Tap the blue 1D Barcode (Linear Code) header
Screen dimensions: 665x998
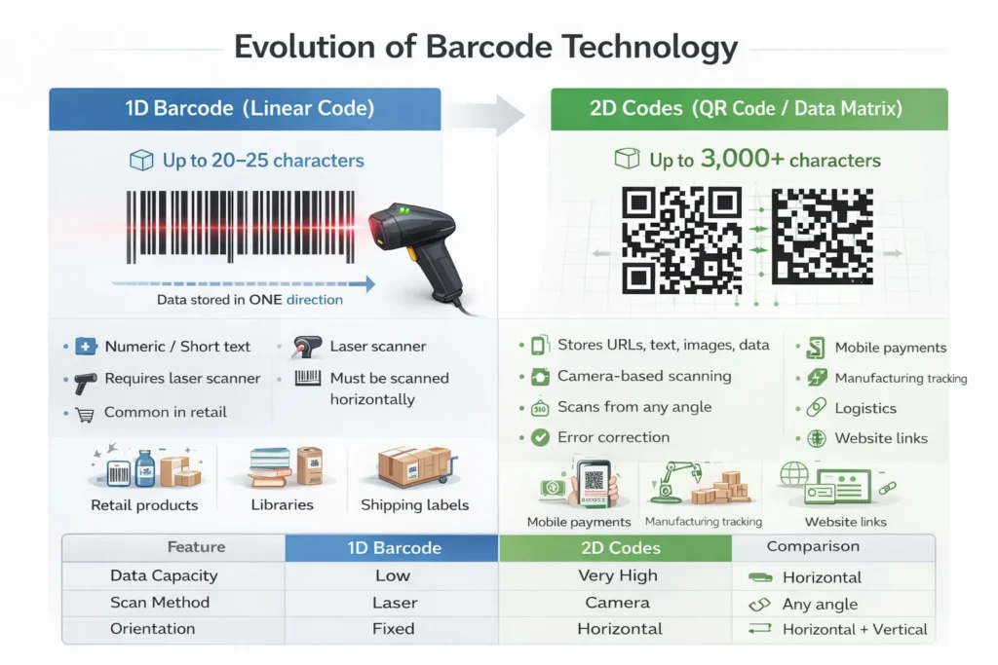[249, 109]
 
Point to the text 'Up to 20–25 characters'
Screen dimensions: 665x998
[263, 160]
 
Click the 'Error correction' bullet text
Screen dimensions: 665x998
[613, 437]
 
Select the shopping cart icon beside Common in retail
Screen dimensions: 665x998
[85, 413]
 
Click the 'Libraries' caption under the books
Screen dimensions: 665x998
[283, 504]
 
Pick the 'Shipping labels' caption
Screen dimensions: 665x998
[414, 504]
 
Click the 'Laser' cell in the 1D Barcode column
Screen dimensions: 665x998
[394, 603]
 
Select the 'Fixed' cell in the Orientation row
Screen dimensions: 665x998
[394, 629]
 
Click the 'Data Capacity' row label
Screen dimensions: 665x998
[164, 575]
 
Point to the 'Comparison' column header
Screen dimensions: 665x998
[813, 546]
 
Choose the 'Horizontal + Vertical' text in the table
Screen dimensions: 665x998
[855, 629]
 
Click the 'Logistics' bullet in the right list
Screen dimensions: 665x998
[865, 408]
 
